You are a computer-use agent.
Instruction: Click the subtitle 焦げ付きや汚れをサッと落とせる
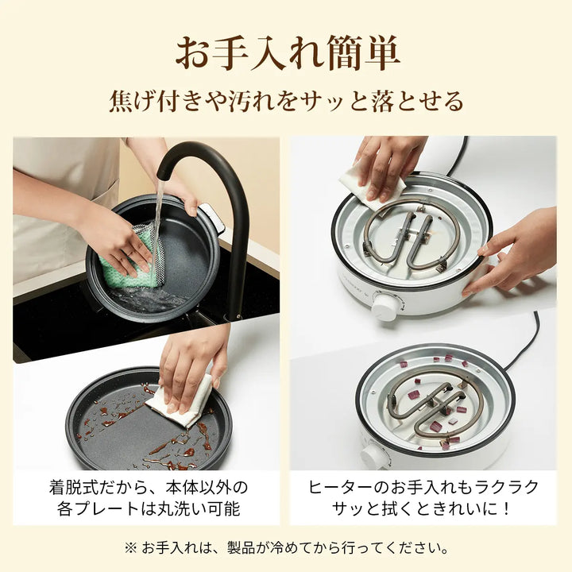pyautogui.click(x=286, y=102)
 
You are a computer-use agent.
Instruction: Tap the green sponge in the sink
pyautogui.click(x=127, y=258)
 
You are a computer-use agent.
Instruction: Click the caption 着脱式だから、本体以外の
pyautogui.click(x=149, y=487)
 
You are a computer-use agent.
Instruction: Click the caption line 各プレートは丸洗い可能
pyautogui.click(x=149, y=509)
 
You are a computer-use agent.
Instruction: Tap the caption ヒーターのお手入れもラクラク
pyautogui.click(x=423, y=487)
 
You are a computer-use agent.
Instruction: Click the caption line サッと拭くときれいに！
pyautogui.click(x=423, y=509)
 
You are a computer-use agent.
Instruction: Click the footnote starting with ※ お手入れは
pyautogui.click(x=286, y=548)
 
